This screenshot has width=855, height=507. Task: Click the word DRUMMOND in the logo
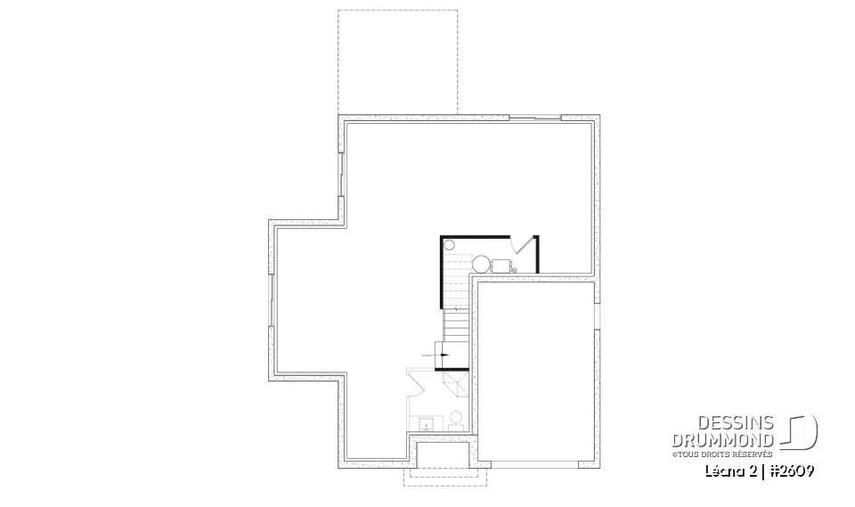point(739,440)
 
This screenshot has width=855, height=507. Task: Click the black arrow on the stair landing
point(443,354)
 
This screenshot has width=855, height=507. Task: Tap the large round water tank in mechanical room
point(480,263)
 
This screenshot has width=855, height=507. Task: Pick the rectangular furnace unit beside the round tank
point(501,264)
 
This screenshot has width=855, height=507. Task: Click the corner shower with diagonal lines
point(457,384)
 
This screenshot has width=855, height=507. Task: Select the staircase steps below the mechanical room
point(455,325)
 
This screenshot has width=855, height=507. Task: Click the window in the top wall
point(534,118)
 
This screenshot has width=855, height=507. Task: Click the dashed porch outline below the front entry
point(445,477)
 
